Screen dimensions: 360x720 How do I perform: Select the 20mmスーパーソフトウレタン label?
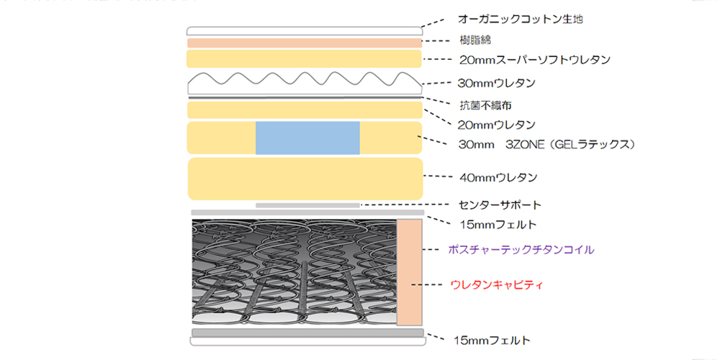(x=534, y=60)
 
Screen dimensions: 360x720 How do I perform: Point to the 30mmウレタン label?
(x=496, y=83)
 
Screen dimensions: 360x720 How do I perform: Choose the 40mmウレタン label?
(x=498, y=176)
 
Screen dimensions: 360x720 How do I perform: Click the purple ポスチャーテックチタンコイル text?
(x=521, y=250)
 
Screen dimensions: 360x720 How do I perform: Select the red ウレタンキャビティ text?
(x=496, y=285)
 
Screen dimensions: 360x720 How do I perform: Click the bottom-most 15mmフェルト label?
(x=492, y=340)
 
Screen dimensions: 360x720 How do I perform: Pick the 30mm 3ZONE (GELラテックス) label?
(x=546, y=145)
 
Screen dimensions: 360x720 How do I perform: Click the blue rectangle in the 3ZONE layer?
(x=307, y=138)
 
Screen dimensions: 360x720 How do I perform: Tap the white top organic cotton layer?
(x=305, y=31)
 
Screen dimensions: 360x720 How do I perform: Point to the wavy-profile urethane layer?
(x=305, y=84)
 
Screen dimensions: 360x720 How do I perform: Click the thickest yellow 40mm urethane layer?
(x=305, y=179)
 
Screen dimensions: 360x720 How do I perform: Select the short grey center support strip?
(x=307, y=205)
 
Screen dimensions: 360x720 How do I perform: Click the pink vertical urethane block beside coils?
(x=409, y=272)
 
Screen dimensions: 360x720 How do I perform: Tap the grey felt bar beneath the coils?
(x=307, y=333)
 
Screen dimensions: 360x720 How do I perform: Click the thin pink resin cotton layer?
(x=305, y=43)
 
